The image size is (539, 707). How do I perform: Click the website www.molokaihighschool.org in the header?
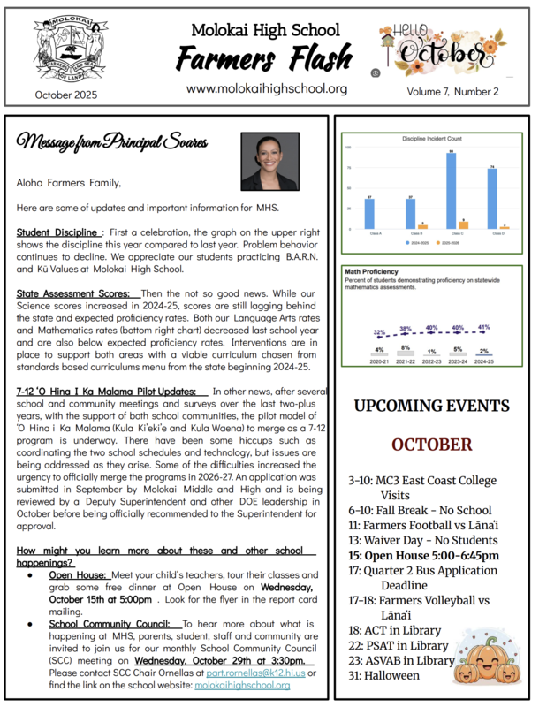pos(267,88)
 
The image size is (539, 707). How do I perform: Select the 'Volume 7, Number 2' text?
pos(452,91)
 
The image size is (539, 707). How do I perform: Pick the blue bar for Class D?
pos(492,199)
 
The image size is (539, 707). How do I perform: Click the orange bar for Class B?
pos(422,226)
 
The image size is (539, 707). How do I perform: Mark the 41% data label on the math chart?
pos(484,328)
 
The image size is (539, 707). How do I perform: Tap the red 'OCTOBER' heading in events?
pos(431,444)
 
